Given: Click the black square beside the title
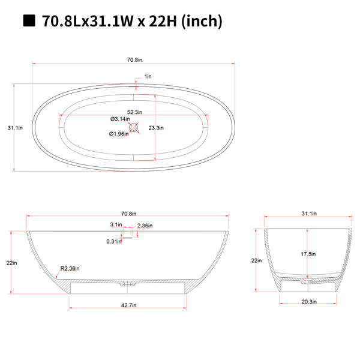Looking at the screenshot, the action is [29, 20].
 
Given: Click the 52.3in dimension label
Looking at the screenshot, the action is [135, 112].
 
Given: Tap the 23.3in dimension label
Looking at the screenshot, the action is [156, 128].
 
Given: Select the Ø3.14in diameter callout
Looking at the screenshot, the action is [120, 119].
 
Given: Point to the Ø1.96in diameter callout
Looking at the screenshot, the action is [119, 134].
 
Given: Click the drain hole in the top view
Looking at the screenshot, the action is [133, 127].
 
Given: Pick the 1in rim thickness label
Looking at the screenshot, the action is [148, 76].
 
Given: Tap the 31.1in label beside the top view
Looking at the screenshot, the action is [15, 128].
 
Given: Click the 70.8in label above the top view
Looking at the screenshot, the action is [135, 60].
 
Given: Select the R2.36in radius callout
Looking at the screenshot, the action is [70, 268].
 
